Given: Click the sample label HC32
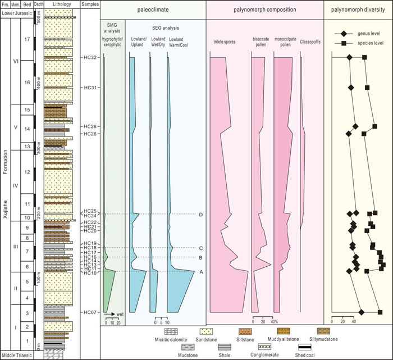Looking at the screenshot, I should point(90,57).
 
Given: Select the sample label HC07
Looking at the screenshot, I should point(90,312).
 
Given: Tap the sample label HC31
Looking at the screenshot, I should point(90,88).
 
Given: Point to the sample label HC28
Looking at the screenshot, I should point(90,126).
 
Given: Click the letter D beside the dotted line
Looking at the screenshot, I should point(200,214).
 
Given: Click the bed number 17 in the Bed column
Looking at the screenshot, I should point(27,39).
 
